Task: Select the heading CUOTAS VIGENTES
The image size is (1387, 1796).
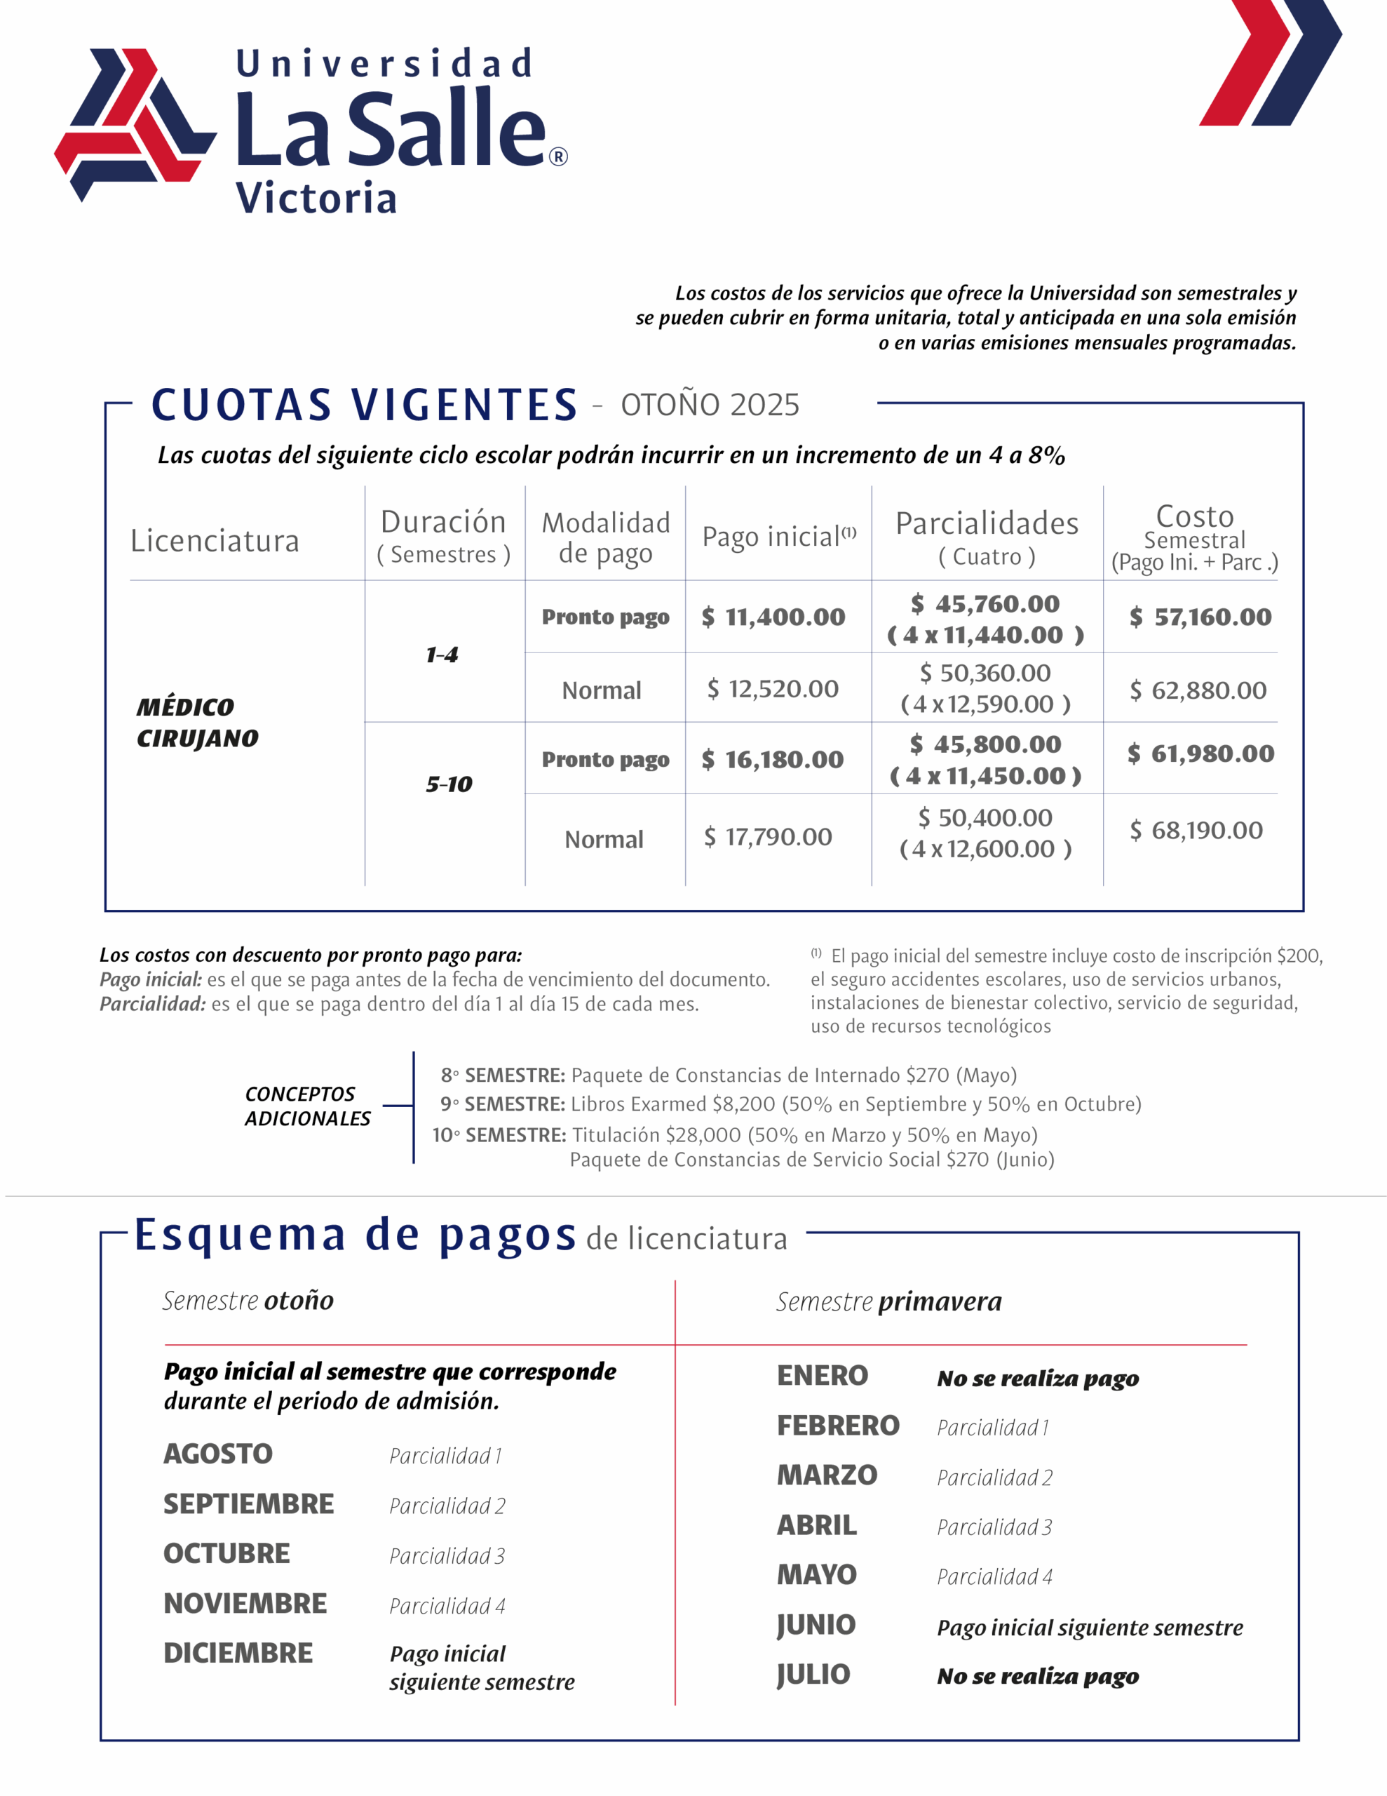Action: [364, 405]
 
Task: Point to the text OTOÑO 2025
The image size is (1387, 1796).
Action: [710, 406]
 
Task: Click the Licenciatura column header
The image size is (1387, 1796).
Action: [215, 541]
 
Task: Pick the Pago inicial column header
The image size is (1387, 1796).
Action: [778, 536]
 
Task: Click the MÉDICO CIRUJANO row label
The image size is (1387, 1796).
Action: [197, 723]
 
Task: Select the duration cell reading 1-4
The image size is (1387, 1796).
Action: [442, 655]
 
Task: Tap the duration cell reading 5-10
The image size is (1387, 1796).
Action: [449, 784]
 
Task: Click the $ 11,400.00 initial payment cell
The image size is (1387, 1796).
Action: [773, 617]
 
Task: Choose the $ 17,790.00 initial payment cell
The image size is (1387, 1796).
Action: [768, 837]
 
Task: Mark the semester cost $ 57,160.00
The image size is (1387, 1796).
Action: [1200, 617]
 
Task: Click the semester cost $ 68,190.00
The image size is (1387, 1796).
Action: [1196, 831]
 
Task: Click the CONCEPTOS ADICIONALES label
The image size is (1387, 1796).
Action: [308, 1106]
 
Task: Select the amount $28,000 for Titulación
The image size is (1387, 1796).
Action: [703, 1136]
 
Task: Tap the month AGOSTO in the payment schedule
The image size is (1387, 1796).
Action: [218, 1454]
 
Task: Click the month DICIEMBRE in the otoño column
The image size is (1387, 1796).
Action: [238, 1653]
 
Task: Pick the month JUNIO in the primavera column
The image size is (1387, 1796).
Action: [816, 1625]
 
